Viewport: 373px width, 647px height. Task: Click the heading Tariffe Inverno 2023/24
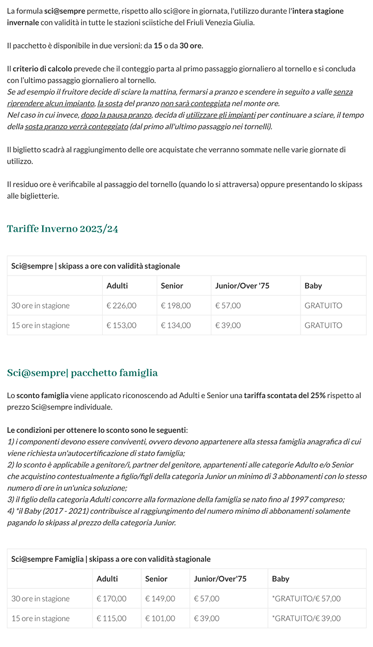(x=62, y=229)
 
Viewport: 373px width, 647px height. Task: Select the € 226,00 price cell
(x=121, y=305)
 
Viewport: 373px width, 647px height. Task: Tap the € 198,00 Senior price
(x=176, y=305)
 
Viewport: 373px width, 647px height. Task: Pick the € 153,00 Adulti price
(x=121, y=325)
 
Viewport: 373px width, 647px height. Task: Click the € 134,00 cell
(x=176, y=325)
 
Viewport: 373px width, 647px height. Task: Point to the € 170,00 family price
(x=111, y=599)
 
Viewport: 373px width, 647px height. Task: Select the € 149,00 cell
(x=160, y=599)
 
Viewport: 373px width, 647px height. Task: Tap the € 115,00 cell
(x=111, y=618)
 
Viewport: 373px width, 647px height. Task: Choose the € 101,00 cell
(x=160, y=618)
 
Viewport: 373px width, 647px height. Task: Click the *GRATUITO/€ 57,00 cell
(x=306, y=599)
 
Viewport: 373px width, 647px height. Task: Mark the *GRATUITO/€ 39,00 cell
(x=306, y=618)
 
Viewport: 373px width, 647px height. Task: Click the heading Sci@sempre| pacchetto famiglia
(x=82, y=373)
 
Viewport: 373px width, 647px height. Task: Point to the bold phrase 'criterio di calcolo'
(x=42, y=69)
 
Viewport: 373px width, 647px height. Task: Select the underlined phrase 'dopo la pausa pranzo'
(x=116, y=115)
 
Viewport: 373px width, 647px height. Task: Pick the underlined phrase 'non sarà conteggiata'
(x=195, y=103)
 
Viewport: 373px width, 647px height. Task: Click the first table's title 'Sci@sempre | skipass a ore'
(x=95, y=265)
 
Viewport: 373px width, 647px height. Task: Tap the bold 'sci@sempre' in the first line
(x=64, y=11)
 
